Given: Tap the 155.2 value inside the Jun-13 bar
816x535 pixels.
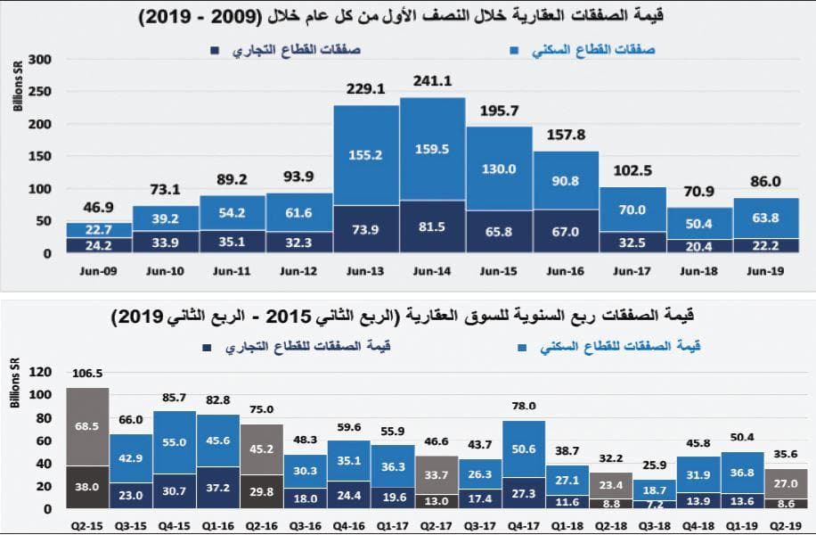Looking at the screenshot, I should tap(365, 154).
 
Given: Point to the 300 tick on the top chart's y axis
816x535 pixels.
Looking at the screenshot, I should tap(40, 60).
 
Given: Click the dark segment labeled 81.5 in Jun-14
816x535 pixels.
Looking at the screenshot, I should tap(432, 227).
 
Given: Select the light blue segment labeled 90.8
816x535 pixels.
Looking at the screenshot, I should tap(566, 180).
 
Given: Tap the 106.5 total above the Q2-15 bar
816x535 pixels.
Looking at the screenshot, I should tap(87, 374).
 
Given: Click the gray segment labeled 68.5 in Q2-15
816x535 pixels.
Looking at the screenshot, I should tap(87, 428).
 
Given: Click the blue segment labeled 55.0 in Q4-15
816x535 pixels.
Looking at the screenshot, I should tap(175, 442).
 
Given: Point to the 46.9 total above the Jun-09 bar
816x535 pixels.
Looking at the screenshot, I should tap(98, 208).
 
